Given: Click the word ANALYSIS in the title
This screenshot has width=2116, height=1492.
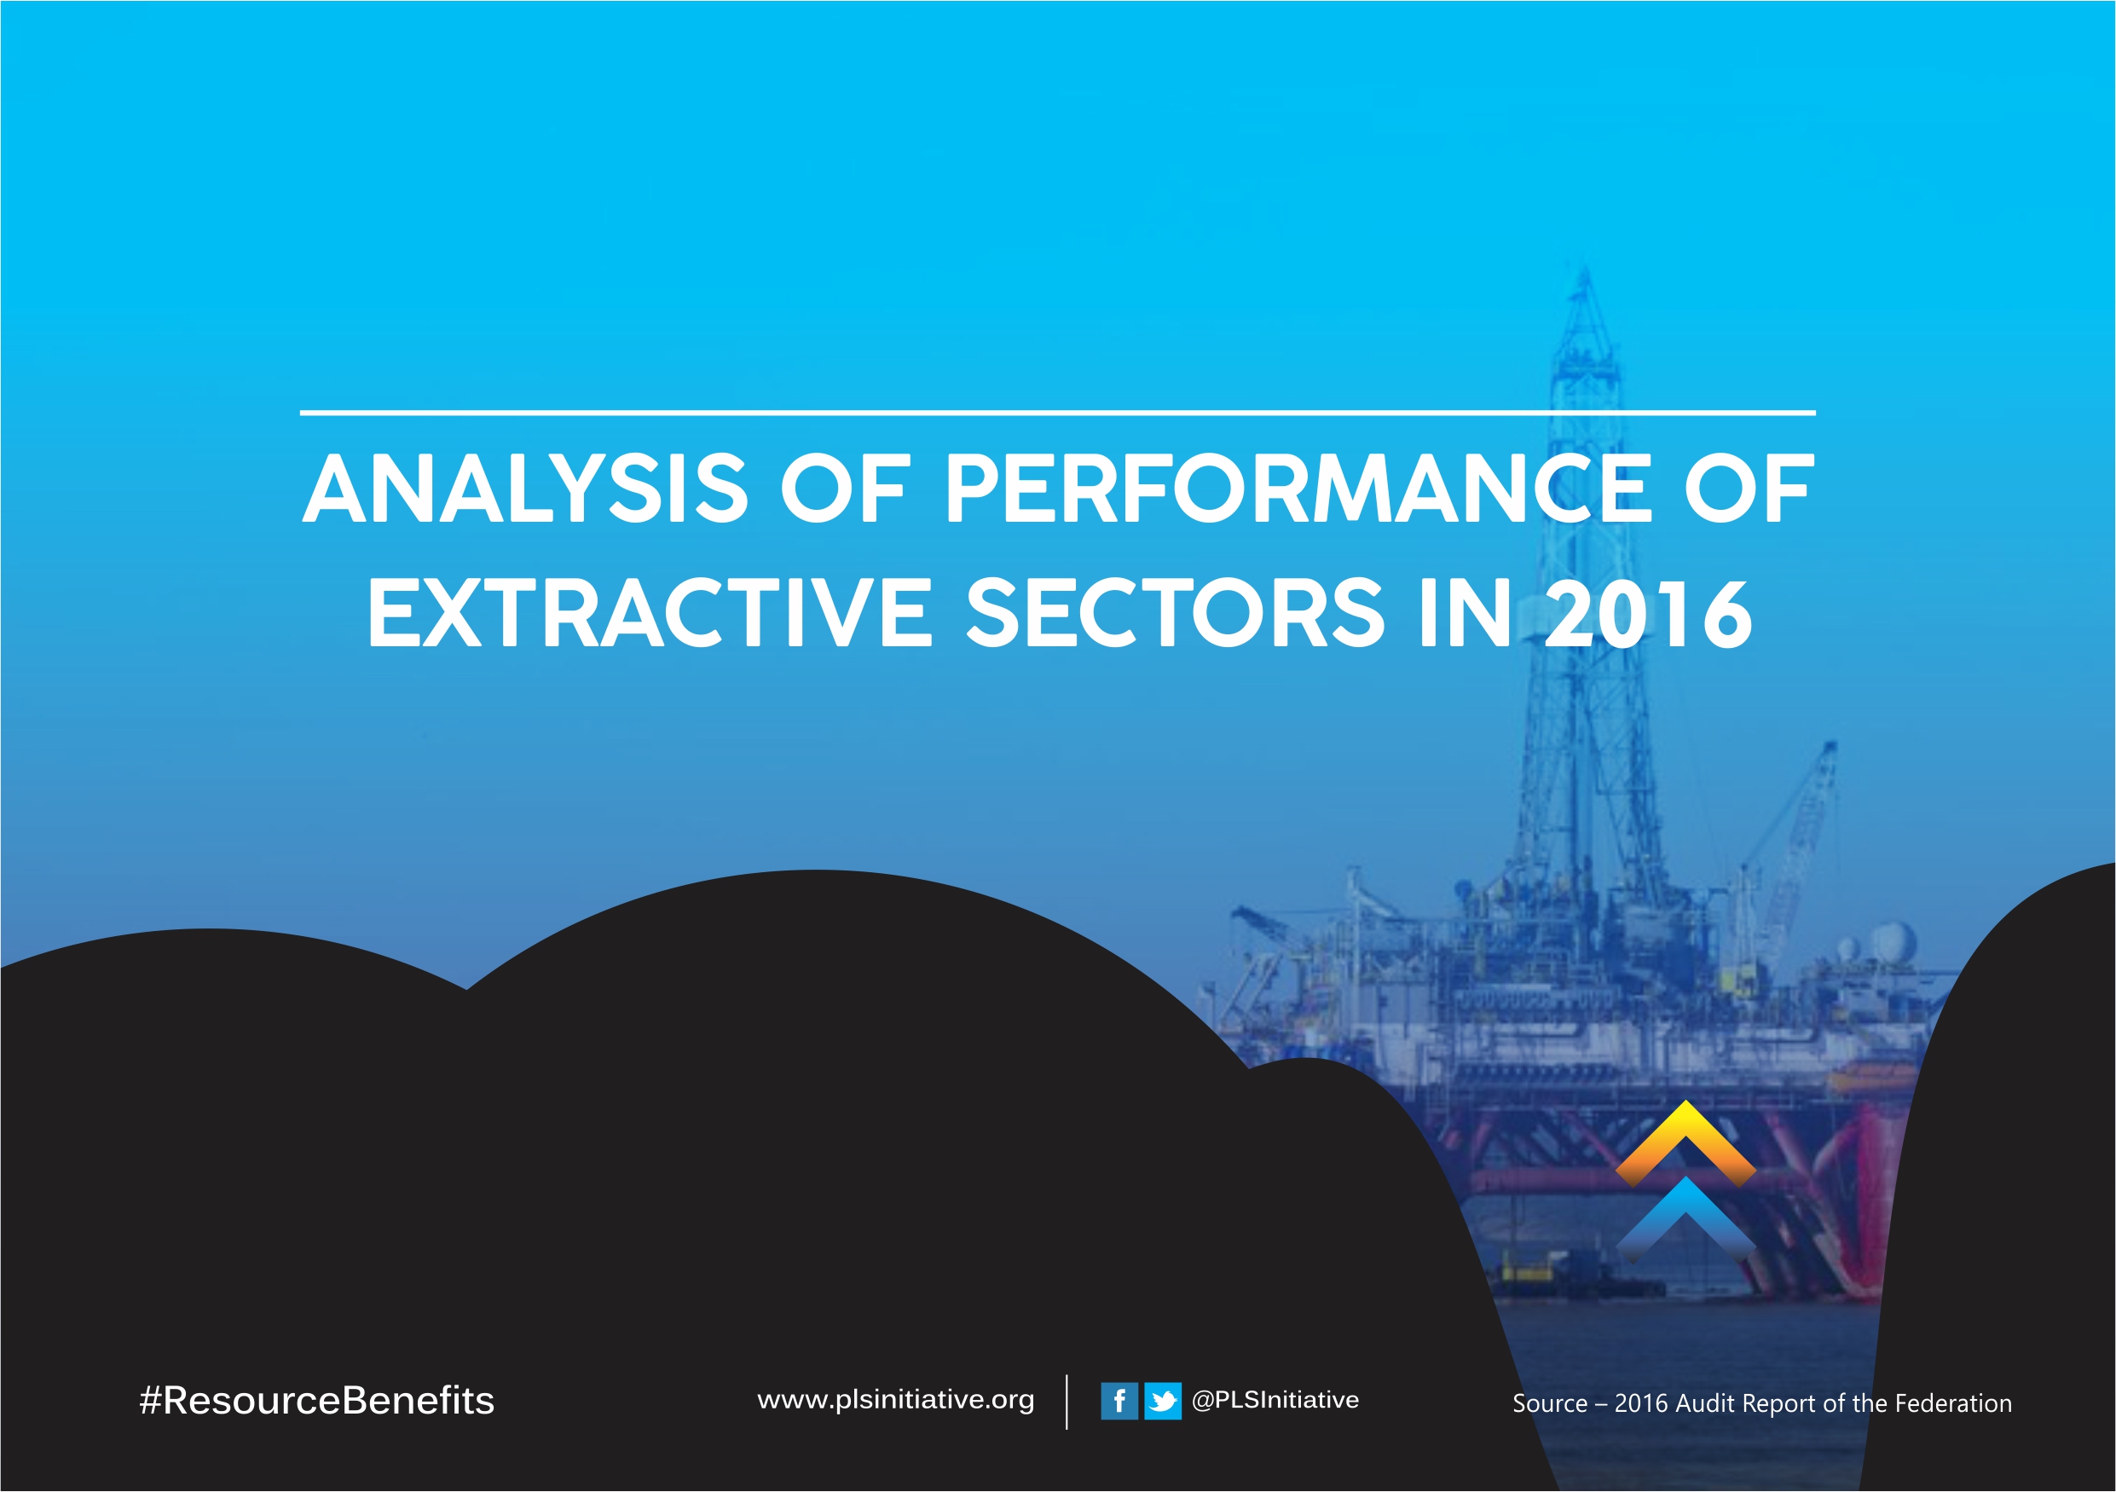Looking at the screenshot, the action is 525,489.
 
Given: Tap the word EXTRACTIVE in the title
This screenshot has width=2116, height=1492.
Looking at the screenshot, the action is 650,614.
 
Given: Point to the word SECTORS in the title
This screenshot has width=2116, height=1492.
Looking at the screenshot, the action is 1176,614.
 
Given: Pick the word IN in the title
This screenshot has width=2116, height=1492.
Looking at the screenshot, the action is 1466,614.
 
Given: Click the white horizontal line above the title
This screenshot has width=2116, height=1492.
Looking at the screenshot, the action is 1058,413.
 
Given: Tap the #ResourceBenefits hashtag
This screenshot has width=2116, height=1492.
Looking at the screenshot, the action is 317,1401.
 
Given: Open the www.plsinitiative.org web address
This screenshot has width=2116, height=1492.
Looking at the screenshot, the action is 896,1401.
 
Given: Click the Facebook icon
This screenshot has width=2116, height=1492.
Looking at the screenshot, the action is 1119,1402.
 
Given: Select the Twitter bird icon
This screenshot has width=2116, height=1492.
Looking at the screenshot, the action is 1163,1402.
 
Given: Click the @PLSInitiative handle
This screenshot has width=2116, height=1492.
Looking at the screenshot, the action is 1275,1400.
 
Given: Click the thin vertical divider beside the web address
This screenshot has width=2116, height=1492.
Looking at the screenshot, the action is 1067,1402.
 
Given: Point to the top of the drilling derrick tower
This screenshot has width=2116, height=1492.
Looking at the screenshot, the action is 1584,269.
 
